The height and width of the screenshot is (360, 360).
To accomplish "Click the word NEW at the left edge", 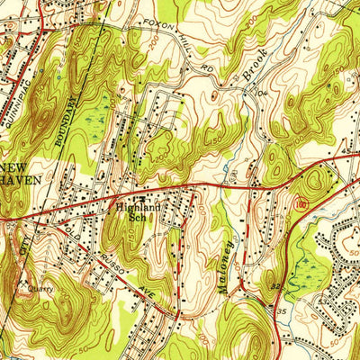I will click(x=13, y=168).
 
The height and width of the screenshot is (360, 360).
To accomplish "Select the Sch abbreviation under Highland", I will click(x=137, y=216).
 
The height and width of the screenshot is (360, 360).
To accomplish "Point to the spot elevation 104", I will click(x=264, y=94).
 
